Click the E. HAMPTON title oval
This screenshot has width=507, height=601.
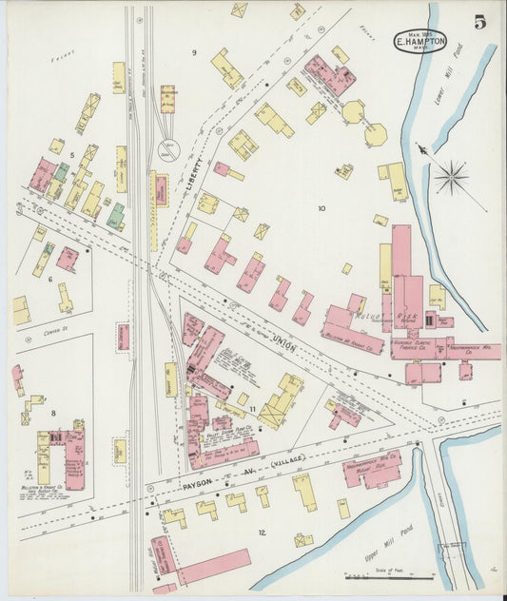pos(419,42)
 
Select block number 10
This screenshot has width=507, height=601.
pos(321,207)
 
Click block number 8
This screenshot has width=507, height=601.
pos(54,413)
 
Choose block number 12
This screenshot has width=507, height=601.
pos(262,533)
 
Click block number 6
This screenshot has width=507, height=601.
pos(49,279)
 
